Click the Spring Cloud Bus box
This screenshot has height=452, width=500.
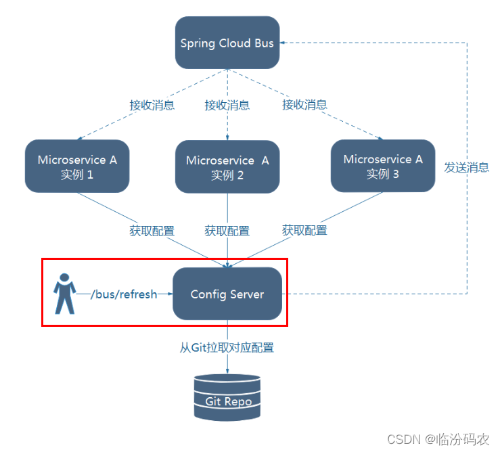pos(227,43)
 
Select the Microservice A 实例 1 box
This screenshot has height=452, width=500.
pos(76,166)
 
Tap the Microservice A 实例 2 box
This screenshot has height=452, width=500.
pos(227,167)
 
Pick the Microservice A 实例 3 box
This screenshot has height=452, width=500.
pos(382,166)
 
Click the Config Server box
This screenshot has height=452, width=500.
pos(227,294)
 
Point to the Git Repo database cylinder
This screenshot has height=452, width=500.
pos(227,398)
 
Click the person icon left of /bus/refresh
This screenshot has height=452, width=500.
pos(64,294)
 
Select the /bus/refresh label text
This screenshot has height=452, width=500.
pos(124,294)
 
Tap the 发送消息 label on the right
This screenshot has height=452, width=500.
pos(466,167)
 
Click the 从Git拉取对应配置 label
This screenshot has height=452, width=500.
pos(227,348)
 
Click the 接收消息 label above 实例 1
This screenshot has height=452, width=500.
pos(152,105)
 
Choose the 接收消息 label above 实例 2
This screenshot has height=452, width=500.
pos(227,105)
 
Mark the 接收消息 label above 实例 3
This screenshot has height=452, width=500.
pos(304,105)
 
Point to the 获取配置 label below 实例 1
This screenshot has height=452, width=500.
pos(152,231)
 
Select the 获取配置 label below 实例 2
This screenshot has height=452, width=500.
pos(227,231)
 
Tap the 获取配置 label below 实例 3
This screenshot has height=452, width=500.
pos(304,231)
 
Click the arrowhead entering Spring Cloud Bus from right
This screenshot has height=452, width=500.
pos(284,43)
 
